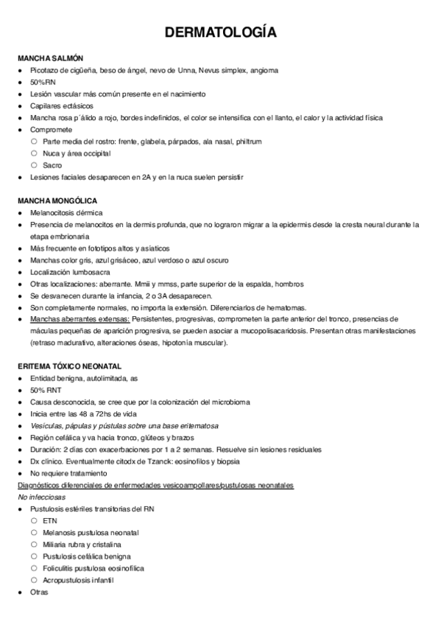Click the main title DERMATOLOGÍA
[x=220, y=32]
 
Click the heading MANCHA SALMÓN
[x=50, y=58]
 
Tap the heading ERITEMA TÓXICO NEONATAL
[x=71, y=366]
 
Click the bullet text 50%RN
[x=43, y=82]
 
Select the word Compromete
[x=52, y=130]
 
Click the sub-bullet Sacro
[x=52, y=165]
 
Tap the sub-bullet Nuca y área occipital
[x=77, y=153]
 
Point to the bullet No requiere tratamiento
[x=68, y=472]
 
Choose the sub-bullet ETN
[x=49, y=520]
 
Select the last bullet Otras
[x=39, y=591]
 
